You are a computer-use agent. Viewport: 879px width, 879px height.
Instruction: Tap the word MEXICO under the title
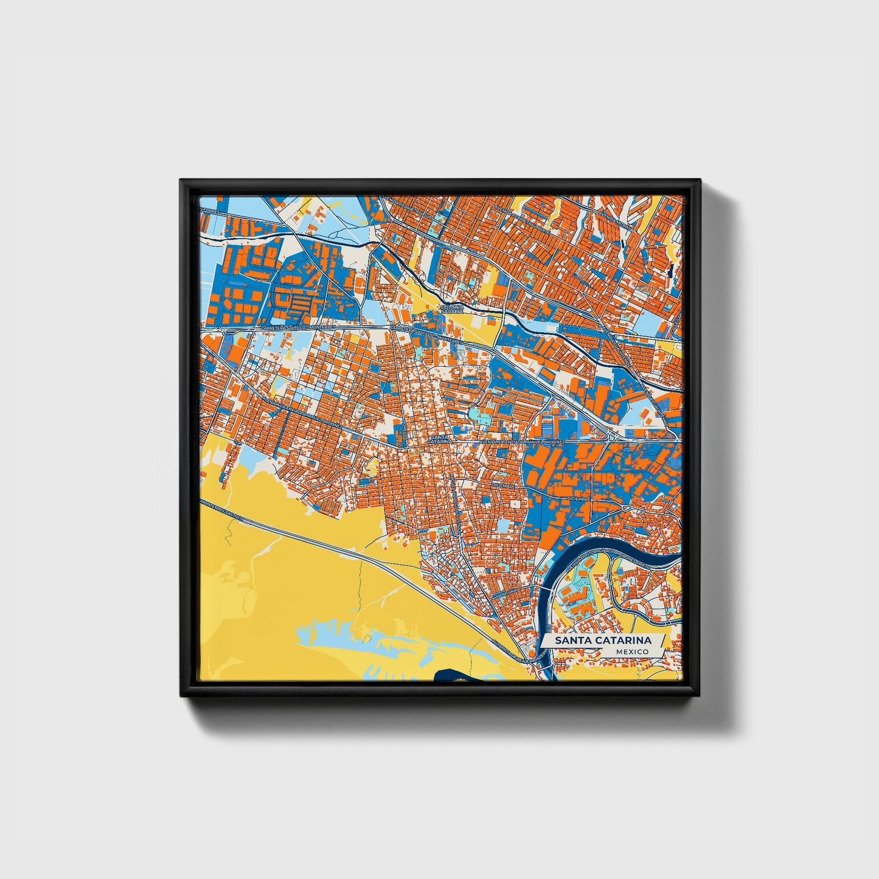click(x=631, y=651)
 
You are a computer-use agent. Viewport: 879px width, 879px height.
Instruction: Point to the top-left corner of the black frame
click(x=181, y=181)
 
